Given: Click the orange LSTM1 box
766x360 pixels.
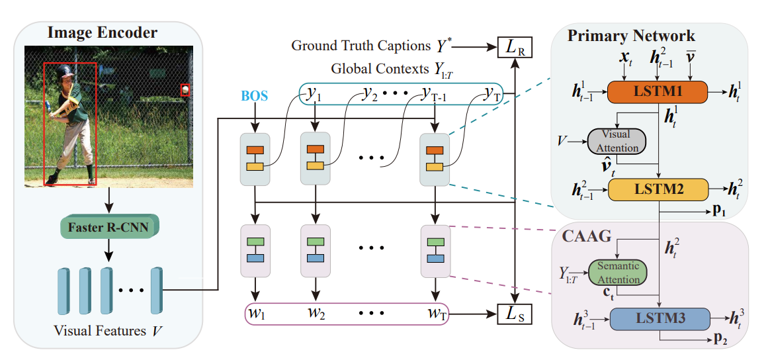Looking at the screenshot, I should [657, 91].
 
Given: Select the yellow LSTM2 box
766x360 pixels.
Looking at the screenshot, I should [657, 190].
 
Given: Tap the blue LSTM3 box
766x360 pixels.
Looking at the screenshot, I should [657, 319].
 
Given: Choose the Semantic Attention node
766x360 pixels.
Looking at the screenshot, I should [617, 271].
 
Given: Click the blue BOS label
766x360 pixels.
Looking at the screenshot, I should [255, 96].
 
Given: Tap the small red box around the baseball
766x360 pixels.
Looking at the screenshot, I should [185, 89].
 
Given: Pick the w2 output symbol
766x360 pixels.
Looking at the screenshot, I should [316, 314].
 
